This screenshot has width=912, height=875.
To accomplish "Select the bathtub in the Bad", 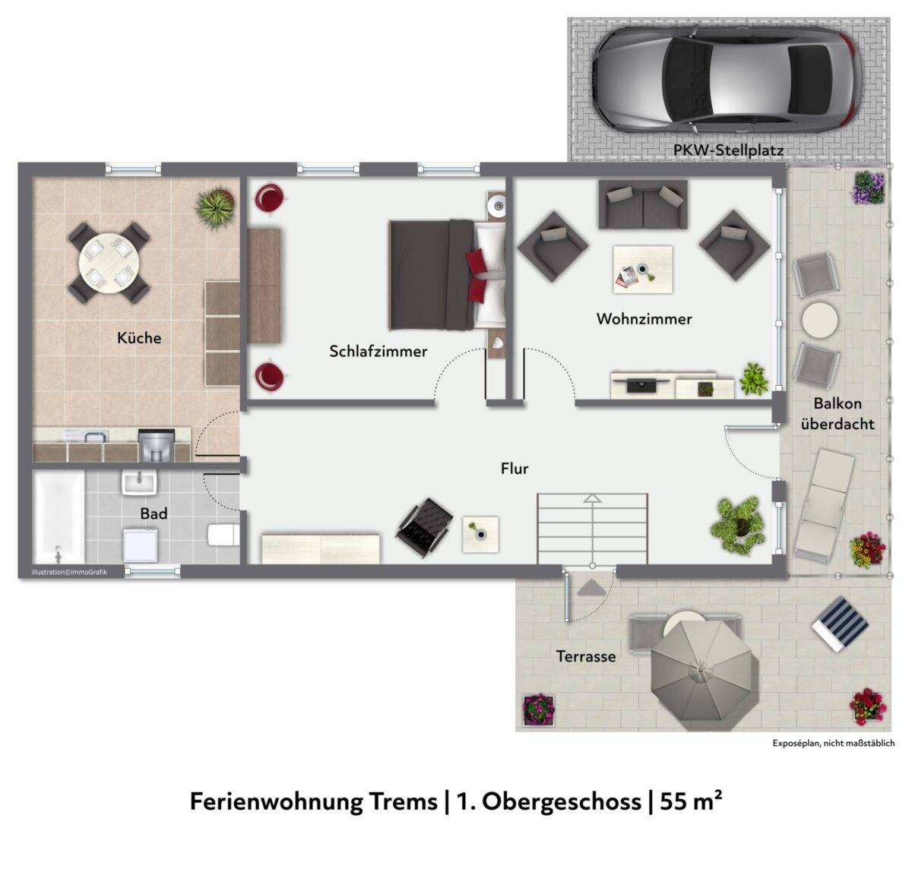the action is click(59, 517).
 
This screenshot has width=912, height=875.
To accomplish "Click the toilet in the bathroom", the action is click(223, 535).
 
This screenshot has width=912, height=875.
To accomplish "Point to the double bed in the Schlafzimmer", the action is click(448, 275).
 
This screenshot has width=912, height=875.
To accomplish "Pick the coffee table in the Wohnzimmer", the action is click(642, 270).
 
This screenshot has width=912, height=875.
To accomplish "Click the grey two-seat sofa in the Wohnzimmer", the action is click(642, 204).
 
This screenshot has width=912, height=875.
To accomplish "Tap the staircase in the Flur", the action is click(592, 529).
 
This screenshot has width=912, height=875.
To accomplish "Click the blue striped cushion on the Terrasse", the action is click(840, 624).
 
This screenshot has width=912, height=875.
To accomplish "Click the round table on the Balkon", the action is click(820, 320).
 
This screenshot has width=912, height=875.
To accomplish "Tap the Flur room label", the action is click(514, 469).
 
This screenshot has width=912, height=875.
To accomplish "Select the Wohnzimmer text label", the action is click(644, 319).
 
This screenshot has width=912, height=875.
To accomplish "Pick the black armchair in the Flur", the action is click(424, 526).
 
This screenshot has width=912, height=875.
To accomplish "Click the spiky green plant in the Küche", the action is click(215, 207).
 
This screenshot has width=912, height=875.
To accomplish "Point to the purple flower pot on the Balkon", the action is click(869, 188).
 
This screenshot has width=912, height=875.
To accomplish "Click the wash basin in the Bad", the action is click(139, 482).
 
